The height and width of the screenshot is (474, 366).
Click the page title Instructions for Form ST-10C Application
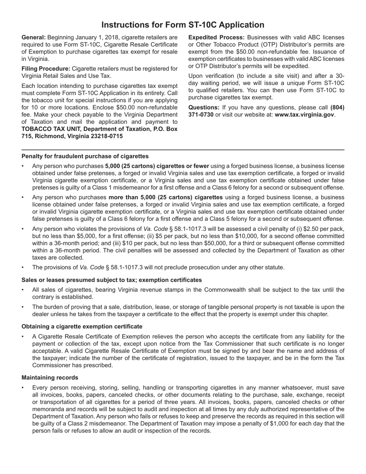pos(183,25)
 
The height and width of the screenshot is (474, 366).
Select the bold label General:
pos(34,37)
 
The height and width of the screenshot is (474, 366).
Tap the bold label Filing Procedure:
pos(46,69)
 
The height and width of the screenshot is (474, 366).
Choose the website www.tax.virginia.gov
pos(304,115)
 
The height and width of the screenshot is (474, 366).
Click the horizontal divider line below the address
pos(183,150)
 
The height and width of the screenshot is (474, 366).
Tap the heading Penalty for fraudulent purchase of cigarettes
pos(85,156)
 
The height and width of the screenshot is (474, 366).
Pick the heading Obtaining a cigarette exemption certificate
pos(82,326)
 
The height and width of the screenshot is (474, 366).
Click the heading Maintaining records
pos(50,378)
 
